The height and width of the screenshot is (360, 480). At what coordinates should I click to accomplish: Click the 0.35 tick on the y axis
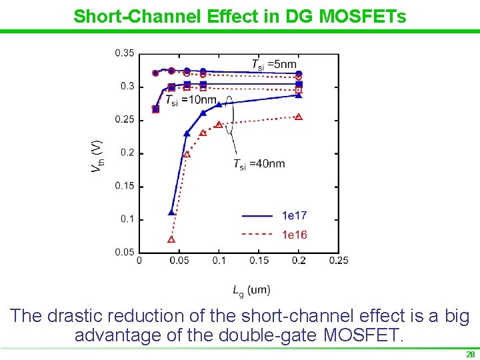(124, 53)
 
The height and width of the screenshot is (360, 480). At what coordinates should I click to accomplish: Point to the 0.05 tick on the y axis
(124, 252)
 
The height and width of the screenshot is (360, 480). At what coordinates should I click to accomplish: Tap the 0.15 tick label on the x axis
(259, 261)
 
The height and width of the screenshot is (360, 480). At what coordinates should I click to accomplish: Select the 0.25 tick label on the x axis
(339, 261)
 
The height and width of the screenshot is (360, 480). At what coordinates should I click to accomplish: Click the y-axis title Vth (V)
(97, 157)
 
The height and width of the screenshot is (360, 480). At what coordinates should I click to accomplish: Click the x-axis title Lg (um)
(251, 289)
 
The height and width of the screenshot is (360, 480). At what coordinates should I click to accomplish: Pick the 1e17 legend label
(294, 215)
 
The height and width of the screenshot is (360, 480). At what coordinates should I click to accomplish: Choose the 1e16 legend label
(294, 234)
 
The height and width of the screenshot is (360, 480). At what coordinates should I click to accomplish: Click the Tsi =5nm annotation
(273, 64)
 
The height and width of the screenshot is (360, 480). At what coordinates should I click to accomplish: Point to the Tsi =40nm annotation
(259, 164)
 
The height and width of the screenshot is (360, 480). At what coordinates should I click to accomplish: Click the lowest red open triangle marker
(171, 239)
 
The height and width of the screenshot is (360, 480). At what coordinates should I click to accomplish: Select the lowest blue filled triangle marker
(171, 213)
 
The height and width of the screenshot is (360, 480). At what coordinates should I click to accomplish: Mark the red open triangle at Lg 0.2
(299, 117)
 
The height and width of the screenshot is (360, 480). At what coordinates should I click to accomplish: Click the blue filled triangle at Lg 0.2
(299, 95)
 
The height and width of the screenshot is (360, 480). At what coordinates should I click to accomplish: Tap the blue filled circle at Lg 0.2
(299, 73)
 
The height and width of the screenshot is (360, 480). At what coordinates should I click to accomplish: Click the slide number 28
(470, 355)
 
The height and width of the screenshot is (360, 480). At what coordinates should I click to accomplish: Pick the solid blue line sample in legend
(257, 215)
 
